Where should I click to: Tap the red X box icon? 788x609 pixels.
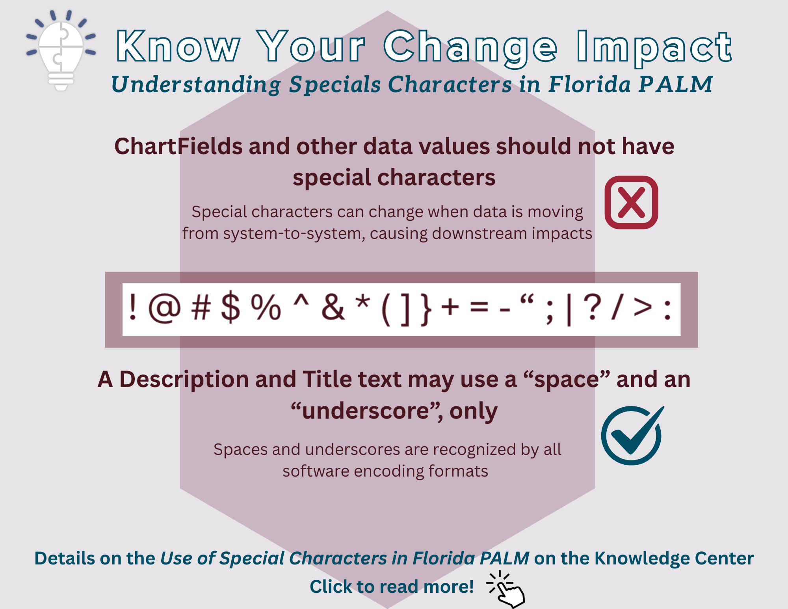631,202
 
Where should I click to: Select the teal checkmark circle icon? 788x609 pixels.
632,435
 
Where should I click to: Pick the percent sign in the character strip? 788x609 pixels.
266,307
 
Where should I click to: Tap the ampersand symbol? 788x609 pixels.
333,307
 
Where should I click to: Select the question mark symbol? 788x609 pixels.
592,307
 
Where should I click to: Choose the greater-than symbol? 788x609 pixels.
643,307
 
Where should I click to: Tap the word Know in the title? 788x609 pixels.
178,47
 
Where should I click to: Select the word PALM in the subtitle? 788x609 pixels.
676,84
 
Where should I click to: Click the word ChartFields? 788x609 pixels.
178,146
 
